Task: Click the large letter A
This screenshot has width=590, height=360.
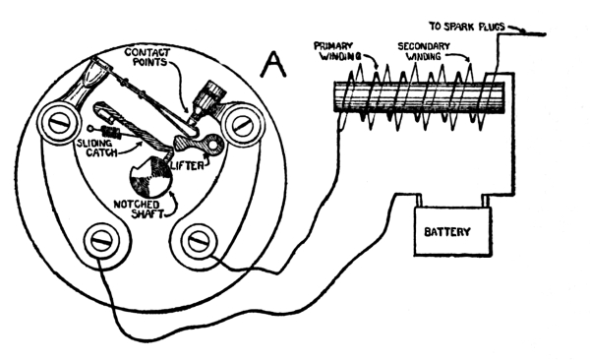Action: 273,65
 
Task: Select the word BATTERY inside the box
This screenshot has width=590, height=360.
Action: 447,231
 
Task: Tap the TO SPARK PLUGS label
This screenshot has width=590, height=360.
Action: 466,27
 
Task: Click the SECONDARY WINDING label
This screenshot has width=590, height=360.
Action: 424,51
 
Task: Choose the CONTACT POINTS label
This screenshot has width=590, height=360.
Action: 147,57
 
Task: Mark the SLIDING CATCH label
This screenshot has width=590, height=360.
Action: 97,148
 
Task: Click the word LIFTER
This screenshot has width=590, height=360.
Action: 187,165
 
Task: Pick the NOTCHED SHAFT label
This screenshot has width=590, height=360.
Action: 139,210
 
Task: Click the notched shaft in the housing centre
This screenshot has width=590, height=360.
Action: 150,177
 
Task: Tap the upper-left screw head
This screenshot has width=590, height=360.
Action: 59,124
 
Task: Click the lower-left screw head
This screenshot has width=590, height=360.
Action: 102,241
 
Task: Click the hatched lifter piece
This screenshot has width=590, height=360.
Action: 199,144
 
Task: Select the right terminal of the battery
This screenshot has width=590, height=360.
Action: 486,201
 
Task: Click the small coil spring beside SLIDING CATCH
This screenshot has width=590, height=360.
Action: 111,132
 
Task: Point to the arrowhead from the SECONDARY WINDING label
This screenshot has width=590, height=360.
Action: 468,60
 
